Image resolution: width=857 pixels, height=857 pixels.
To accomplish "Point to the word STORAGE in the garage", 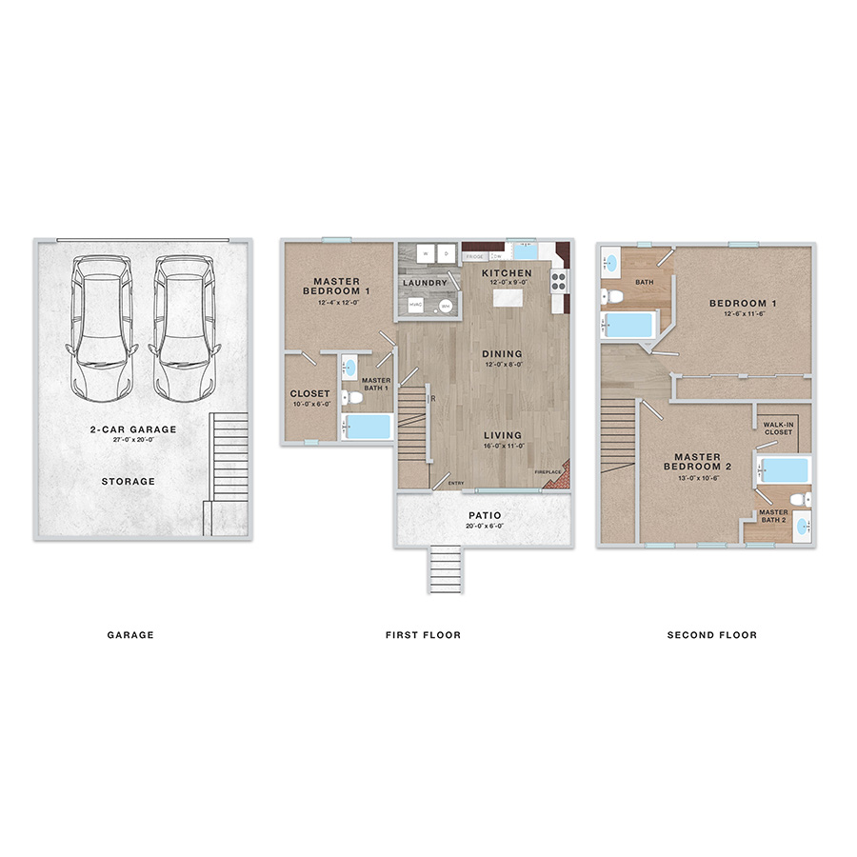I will point(129,482).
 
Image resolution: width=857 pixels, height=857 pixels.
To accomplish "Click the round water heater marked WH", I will point(445,306).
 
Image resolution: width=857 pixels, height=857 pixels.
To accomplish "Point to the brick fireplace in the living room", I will point(558,475).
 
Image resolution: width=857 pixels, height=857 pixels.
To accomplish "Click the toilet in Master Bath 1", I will point(349,397).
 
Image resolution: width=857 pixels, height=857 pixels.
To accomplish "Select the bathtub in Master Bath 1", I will point(368,426).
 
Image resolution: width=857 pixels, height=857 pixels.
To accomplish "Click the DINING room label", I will point(502,354).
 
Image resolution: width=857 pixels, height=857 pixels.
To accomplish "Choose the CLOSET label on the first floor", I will point(309,393).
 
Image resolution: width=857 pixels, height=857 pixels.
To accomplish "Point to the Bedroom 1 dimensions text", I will point(743,315).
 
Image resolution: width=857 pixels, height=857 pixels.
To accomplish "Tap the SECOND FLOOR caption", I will point(712,635).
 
